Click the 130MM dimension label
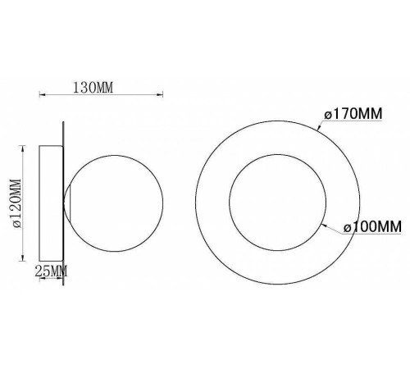point(93,88)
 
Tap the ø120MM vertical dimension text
point(16,203)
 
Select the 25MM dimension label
point(51,271)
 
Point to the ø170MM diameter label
point(353,113)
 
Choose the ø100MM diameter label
point(372,226)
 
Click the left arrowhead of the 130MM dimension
point(42,95)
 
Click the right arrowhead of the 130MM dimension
point(160,95)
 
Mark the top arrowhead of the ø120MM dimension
point(23,148)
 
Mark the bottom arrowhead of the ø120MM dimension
point(23,258)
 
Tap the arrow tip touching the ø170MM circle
point(318,129)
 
